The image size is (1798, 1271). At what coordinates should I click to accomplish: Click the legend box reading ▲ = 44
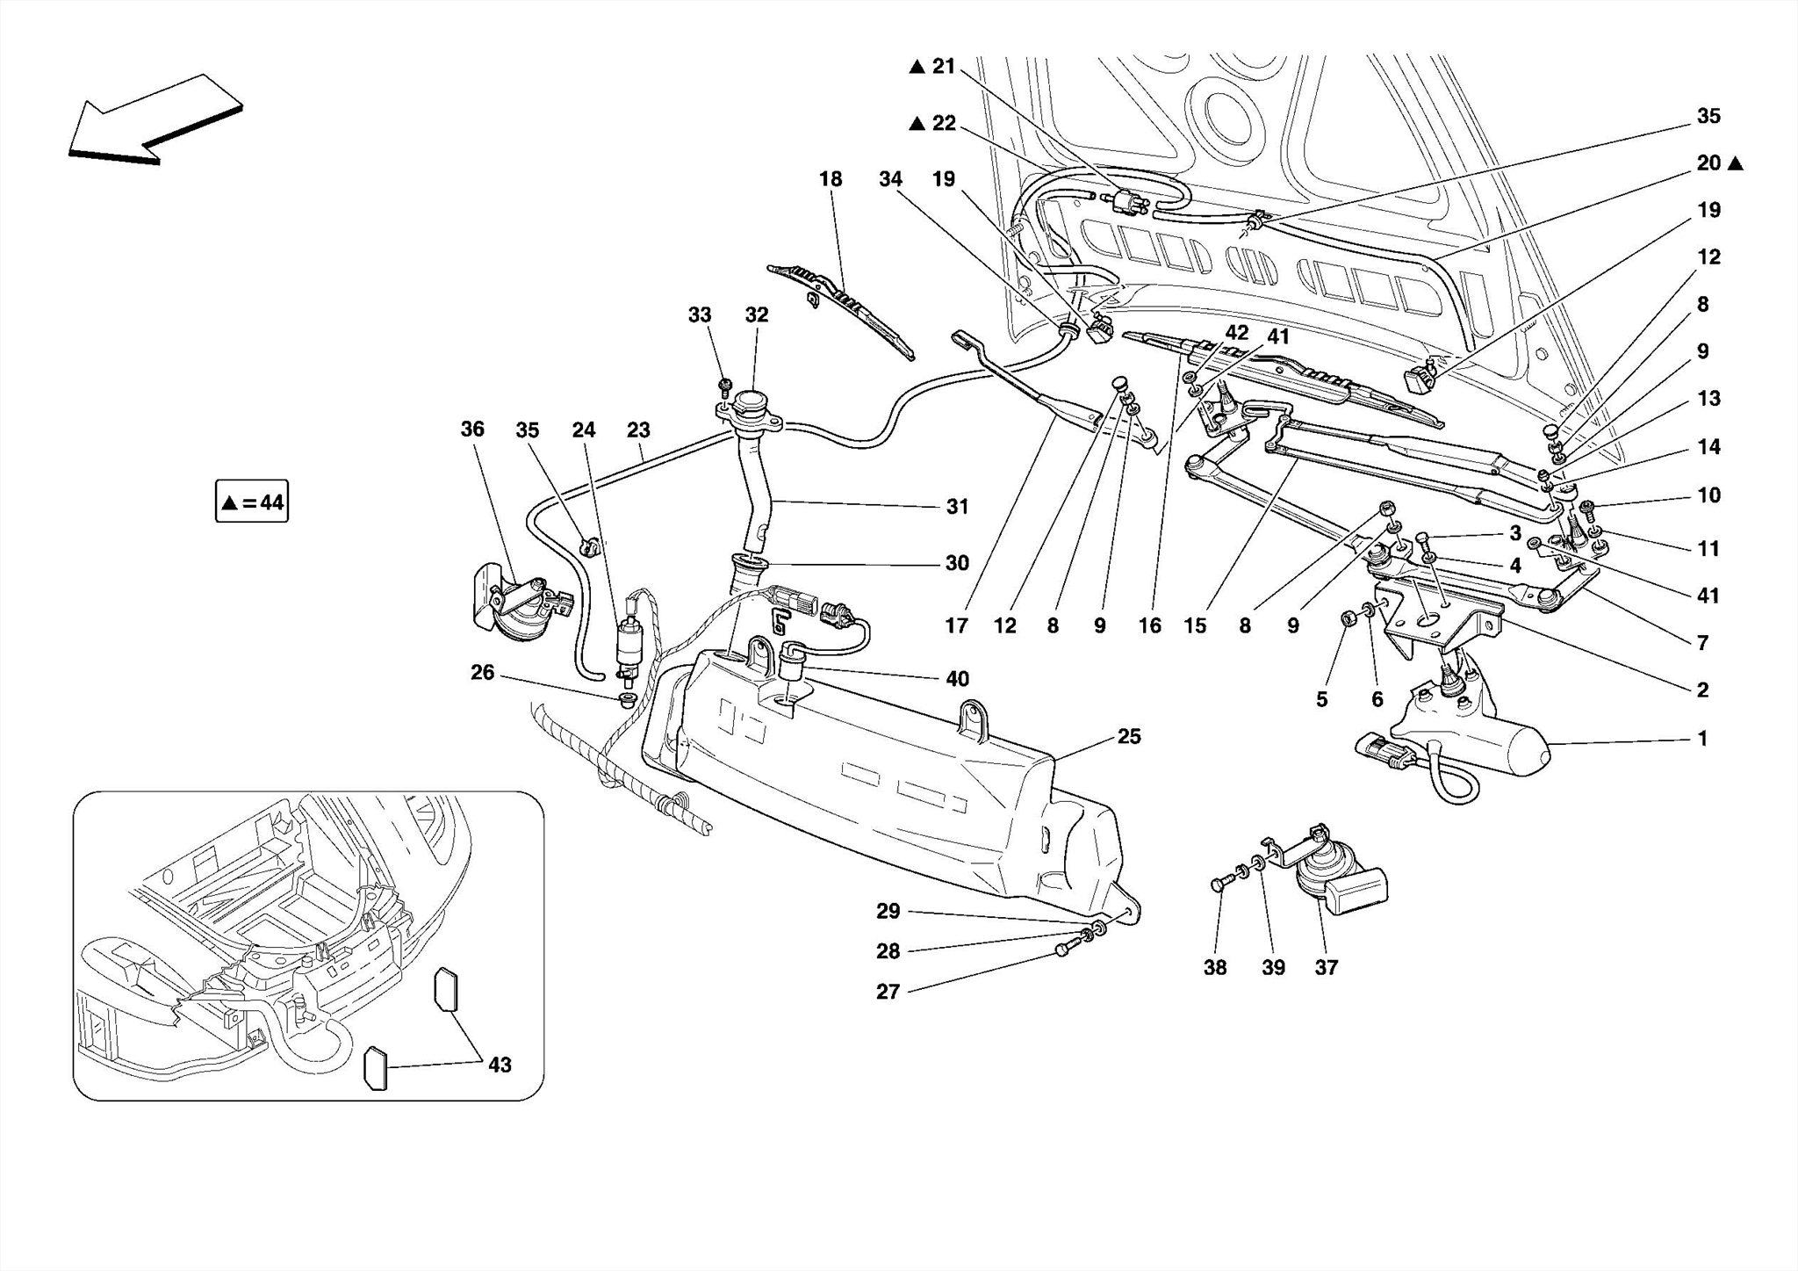(252, 502)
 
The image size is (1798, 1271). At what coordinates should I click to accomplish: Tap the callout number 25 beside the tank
(1128, 736)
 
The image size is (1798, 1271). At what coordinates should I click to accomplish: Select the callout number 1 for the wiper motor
(1701, 739)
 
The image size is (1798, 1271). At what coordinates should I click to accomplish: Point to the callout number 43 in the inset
(499, 1065)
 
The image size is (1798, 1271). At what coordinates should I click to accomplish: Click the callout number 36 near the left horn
(472, 429)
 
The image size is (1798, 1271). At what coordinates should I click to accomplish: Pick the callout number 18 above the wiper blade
(830, 179)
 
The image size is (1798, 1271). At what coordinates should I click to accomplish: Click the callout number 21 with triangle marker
(943, 67)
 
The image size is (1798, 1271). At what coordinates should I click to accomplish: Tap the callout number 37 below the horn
(1326, 967)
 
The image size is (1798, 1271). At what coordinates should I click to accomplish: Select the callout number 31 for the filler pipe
(957, 507)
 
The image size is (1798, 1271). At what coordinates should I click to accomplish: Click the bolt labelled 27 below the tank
(1063, 950)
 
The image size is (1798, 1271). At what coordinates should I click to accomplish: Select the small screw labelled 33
(725, 385)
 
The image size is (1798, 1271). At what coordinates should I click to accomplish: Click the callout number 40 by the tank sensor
(957, 679)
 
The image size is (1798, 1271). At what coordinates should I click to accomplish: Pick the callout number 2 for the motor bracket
(1701, 690)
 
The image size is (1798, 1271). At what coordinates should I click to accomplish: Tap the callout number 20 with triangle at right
(1708, 163)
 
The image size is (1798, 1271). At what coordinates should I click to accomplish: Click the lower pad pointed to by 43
(375, 1068)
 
